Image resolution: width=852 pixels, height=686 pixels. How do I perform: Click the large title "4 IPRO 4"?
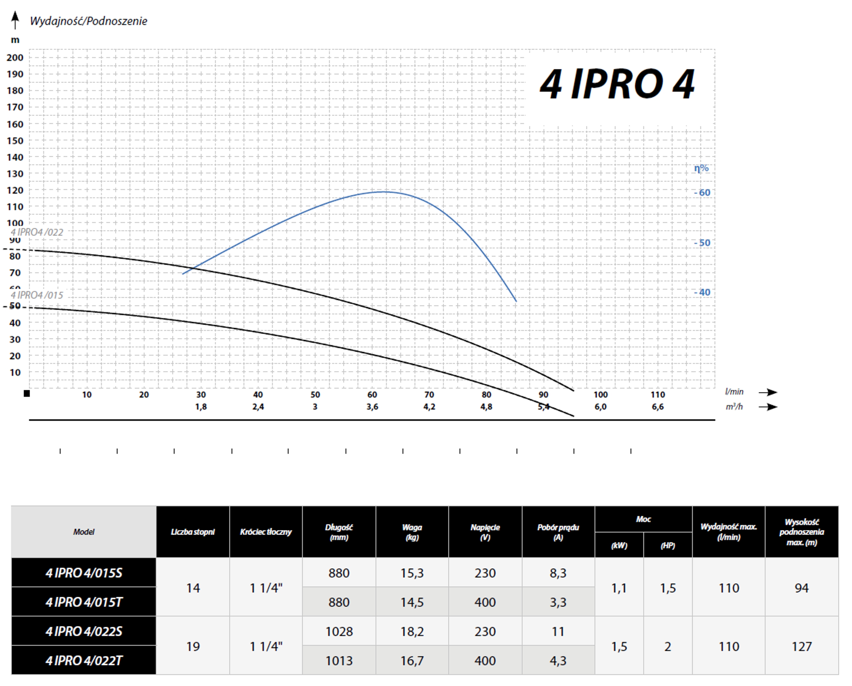(617, 84)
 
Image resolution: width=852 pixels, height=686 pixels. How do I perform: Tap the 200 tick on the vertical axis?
(15, 58)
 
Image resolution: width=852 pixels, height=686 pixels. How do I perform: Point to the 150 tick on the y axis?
(15, 141)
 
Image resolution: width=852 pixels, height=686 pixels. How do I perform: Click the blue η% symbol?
(701, 168)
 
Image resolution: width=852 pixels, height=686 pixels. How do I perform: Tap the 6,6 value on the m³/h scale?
(658, 407)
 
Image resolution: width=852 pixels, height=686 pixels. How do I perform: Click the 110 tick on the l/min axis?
(658, 394)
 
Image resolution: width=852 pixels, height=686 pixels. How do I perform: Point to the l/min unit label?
(734, 392)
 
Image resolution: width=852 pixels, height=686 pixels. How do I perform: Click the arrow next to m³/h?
(768, 407)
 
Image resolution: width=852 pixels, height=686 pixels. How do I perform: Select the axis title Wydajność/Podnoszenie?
(89, 21)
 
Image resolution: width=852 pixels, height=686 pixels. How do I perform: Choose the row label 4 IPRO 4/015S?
(84, 573)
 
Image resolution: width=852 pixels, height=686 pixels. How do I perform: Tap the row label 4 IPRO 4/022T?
(84, 660)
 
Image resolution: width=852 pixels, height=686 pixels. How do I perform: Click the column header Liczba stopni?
(193, 532)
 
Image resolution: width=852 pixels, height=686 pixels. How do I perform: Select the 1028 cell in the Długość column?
(339, 631)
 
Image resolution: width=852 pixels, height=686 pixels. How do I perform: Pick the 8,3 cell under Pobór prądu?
(558, 573)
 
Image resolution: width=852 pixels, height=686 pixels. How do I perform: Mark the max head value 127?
(801, 646)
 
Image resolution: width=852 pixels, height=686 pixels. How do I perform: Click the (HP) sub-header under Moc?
(668, 546)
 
